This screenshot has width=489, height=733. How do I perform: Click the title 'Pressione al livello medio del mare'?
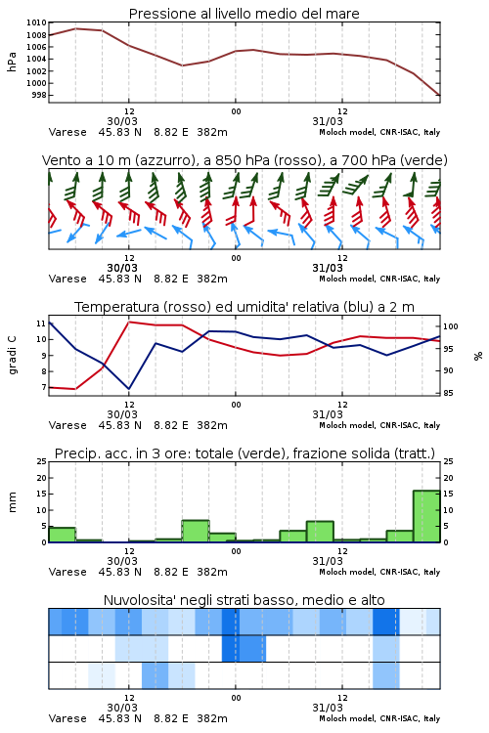(x=244, y=14)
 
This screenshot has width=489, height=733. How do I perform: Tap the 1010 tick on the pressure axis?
(x=36, y=22)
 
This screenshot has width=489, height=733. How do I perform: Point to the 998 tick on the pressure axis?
(x=39, y=96)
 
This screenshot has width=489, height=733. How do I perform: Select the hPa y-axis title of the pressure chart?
(x=12, y=63)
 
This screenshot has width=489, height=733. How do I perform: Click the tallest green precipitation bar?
(x=426, y=516)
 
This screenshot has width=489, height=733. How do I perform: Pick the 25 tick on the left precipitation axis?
(x=42, y=461)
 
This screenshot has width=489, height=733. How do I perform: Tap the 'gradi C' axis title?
(x=12, y=356)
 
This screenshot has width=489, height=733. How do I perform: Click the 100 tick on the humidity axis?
(x=450, y=326)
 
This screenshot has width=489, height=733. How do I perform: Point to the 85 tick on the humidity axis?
(x=448, y=393)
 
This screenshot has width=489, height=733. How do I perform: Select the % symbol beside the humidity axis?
(x=478, y=356)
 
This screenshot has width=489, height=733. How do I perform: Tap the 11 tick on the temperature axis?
(x=41, y=323)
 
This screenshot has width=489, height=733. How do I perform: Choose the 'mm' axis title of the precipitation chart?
(x=12, y=502)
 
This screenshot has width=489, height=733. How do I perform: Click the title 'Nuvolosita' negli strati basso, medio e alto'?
(x=244, y=600)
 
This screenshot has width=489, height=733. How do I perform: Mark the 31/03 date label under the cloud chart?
(x=328, y=708)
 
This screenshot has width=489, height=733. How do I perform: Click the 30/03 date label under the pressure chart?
(x=122, y=121)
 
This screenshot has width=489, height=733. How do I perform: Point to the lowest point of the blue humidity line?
(x=129, y=388)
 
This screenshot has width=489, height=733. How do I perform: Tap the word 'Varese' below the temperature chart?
(x=67, y=425)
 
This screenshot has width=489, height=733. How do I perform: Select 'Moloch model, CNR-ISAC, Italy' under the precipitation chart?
(x=379, y=572)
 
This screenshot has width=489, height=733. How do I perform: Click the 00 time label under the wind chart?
(x=236, y=258)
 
